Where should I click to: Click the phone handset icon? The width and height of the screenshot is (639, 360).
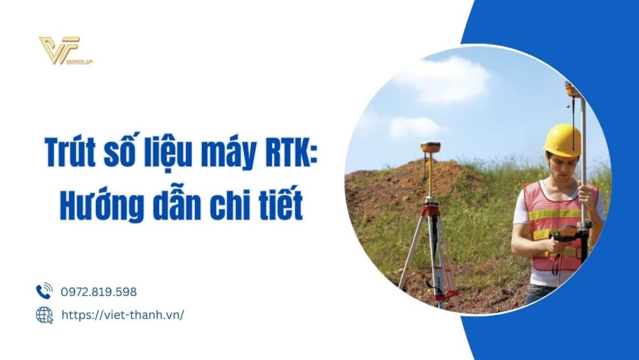click(x=44, y=292)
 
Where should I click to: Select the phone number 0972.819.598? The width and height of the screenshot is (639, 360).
click(x=98, y=292)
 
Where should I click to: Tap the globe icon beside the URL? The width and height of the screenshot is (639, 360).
click(x=44, y=315)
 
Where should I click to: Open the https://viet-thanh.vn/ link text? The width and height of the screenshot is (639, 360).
click(x=122, y=315)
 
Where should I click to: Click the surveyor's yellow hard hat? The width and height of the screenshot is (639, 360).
click(x=562, y=140)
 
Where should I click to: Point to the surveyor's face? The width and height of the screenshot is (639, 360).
click(x=560, y=168)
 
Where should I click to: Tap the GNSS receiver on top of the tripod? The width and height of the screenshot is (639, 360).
click(x=431, y=148)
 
